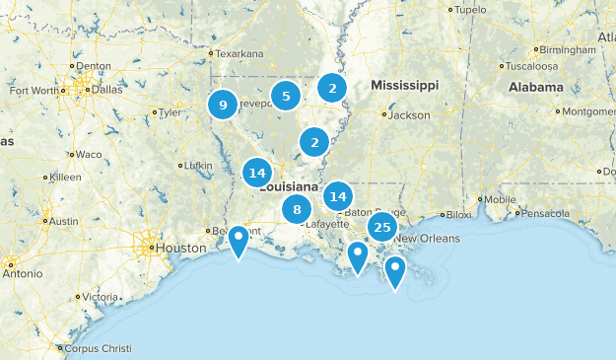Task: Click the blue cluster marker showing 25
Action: pyautogui.click(x=382, y=228)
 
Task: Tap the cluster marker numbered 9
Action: pyautogui.click(x=223, y=105)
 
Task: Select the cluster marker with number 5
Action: pyautogui.click(x=286, y=96)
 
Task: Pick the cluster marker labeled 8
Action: pyautogui.click(x=297, y=209)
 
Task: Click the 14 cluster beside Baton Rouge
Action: pyautogui.click(x=338, y=194)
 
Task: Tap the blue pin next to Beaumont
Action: pyautogui.click(x=239, y=240)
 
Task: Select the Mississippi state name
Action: pyautogui.click(x=404, y=87)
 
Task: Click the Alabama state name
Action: pyautogui.click(x=535, y=87)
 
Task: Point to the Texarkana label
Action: pyautogui.click(x=241, y=53)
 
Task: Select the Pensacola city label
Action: pyautogui.click(x=547, y=212)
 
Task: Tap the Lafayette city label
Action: pyautogui.click(x=328, y=224)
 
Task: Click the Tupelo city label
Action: pyautogui.click(x=470, y=10)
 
